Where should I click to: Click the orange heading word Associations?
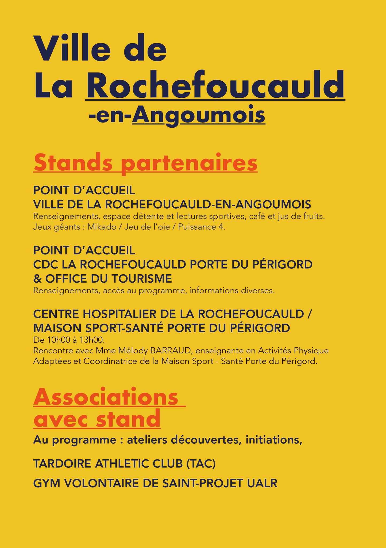coord(106,397)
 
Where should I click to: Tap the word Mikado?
coord(102,227)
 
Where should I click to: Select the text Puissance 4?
coord(202,227)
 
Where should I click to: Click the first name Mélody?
coord(131,351)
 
